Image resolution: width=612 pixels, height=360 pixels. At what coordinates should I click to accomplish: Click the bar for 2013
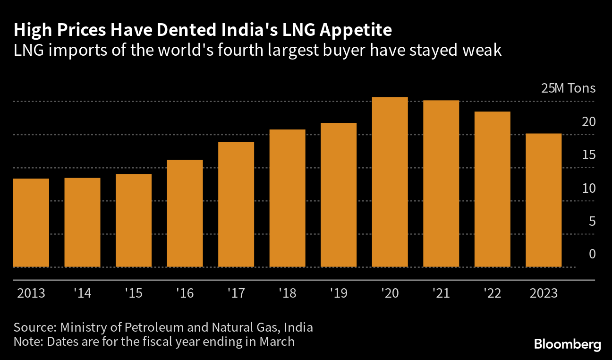pos(31,223)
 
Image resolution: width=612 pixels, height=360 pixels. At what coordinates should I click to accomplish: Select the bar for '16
pos(185,214)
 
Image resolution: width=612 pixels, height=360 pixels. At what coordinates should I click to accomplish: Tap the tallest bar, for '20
pos(390,182)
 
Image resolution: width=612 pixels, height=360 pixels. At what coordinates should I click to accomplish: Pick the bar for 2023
pos(544,200)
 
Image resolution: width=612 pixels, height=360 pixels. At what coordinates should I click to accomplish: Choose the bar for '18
pos(288,198)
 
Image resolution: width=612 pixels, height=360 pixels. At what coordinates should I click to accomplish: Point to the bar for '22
pos(493,189)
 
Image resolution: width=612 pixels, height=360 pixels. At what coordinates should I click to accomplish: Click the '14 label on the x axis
pos(82,293)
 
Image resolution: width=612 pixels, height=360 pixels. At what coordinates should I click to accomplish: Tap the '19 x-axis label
pos(338,293)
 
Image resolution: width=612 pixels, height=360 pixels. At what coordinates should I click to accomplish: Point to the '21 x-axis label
pos(441,293)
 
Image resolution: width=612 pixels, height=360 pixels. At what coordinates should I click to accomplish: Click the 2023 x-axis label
pos(544,293)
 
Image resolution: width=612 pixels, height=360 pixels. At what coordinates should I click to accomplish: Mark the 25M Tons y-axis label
pos(568,88)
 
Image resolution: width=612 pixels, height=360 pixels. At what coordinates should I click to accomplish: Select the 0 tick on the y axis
pos(592,254)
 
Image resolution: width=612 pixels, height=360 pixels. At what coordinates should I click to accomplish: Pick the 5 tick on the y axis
pos(592,221)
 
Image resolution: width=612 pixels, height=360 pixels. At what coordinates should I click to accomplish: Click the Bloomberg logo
pos(568,344)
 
